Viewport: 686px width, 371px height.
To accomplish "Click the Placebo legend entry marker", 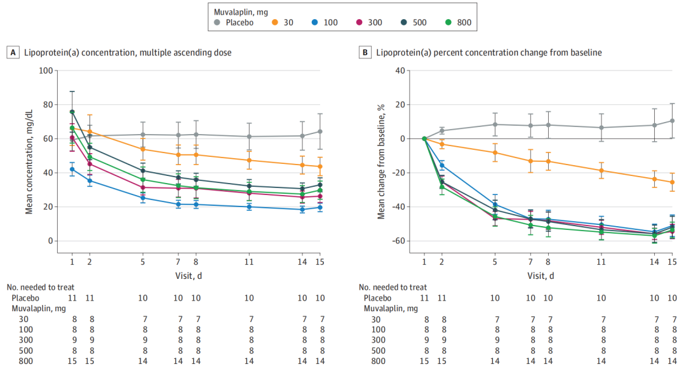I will tap(218, 22).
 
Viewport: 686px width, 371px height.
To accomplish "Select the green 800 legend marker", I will tap(449, 22).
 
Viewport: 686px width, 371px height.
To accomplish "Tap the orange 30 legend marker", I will tap(276, 22).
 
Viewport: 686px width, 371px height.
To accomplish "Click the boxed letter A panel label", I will tap(12, 53).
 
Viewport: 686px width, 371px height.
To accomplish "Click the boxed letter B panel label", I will tap(365, 53).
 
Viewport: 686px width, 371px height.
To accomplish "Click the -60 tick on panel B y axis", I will tap(398, 241).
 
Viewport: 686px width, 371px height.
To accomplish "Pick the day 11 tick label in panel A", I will tap(248, 261).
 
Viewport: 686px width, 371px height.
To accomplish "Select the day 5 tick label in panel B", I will tap(495, 261).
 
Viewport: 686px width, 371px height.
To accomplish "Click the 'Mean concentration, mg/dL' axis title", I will tap(29, 161).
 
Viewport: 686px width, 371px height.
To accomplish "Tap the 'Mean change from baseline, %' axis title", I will tap(382, 161).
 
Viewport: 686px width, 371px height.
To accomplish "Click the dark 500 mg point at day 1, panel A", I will tap(72, 112).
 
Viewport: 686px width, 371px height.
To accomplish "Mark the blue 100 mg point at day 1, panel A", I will tap(72, 169).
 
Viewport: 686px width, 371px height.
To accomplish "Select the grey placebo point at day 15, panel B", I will tap(672, 121).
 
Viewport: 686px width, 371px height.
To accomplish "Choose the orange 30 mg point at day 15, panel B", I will tap(672, 182).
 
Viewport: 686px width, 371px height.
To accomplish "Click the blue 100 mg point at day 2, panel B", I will tap(441, 165).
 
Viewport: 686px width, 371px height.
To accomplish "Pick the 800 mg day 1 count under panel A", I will tap(72, 361).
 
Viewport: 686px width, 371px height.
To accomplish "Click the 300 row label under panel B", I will tap(378, 340).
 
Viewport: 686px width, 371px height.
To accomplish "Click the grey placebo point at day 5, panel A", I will tap(143, 135).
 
